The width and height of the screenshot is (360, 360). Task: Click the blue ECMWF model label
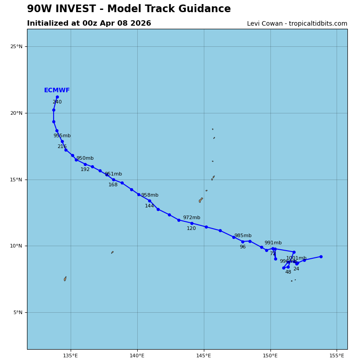(57, 90)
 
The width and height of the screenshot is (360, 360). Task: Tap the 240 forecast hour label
(57, 102)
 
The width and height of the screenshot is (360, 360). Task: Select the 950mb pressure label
(85, 158)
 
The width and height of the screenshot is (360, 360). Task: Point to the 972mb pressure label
(192, 218)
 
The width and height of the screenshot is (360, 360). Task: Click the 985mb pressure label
(243, 236)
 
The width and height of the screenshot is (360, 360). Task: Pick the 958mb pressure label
(150, 195)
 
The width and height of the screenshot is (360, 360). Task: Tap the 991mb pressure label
(273, 243)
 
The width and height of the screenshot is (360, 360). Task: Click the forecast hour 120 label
(191, 229)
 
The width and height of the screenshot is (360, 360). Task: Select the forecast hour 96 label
(243, 247)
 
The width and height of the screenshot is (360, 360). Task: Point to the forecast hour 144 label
(149, 206)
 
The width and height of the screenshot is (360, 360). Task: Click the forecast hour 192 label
(85, 170)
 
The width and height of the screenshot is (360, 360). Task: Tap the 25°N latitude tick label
(17, 46)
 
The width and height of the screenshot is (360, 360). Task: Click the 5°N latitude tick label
(18, 312)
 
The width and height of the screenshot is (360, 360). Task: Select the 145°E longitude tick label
(204, 355)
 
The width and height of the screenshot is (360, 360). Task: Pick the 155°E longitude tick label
(337, 355)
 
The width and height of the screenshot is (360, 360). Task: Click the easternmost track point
(321, 256)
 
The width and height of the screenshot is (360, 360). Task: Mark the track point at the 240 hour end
(57, 97)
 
